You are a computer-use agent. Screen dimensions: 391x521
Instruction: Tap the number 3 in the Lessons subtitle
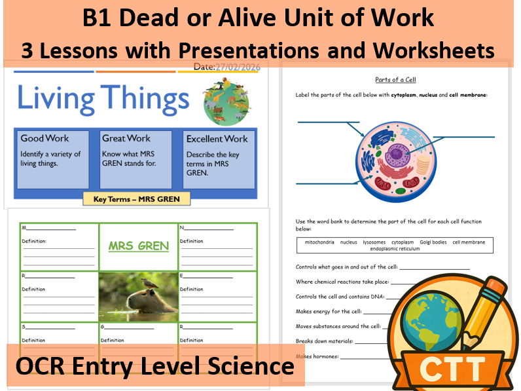coord(28,50)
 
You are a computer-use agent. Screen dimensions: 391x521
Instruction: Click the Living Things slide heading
coord(103,100)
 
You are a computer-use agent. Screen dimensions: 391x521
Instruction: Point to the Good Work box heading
coord(45,138)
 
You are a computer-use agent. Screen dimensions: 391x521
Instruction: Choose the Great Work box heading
coord(126,138)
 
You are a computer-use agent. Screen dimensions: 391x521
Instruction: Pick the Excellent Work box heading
coord(217,139)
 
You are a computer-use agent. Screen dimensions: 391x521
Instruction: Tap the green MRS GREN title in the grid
coord(138,247)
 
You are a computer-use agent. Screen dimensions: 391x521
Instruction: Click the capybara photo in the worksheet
coord(138,297)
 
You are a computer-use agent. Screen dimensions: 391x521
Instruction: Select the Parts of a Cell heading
coord(396,80)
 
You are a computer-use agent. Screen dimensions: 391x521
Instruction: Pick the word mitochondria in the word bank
coord(319,242)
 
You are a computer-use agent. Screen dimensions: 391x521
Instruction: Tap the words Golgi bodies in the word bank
coord(433,242)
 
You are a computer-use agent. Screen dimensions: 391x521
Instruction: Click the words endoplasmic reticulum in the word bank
coord(395,249)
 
